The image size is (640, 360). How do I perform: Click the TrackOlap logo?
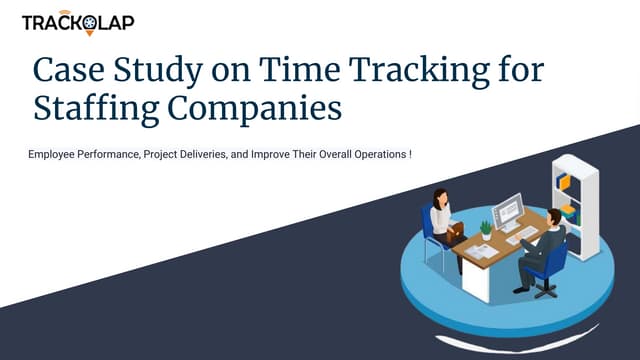78,22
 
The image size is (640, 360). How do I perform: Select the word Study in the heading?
166,70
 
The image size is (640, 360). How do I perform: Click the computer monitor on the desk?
507,211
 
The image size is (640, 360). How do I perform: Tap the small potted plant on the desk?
486,228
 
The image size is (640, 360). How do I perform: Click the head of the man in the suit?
553,217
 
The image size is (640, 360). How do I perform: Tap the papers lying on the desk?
483,251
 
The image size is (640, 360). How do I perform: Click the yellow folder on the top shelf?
563,181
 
